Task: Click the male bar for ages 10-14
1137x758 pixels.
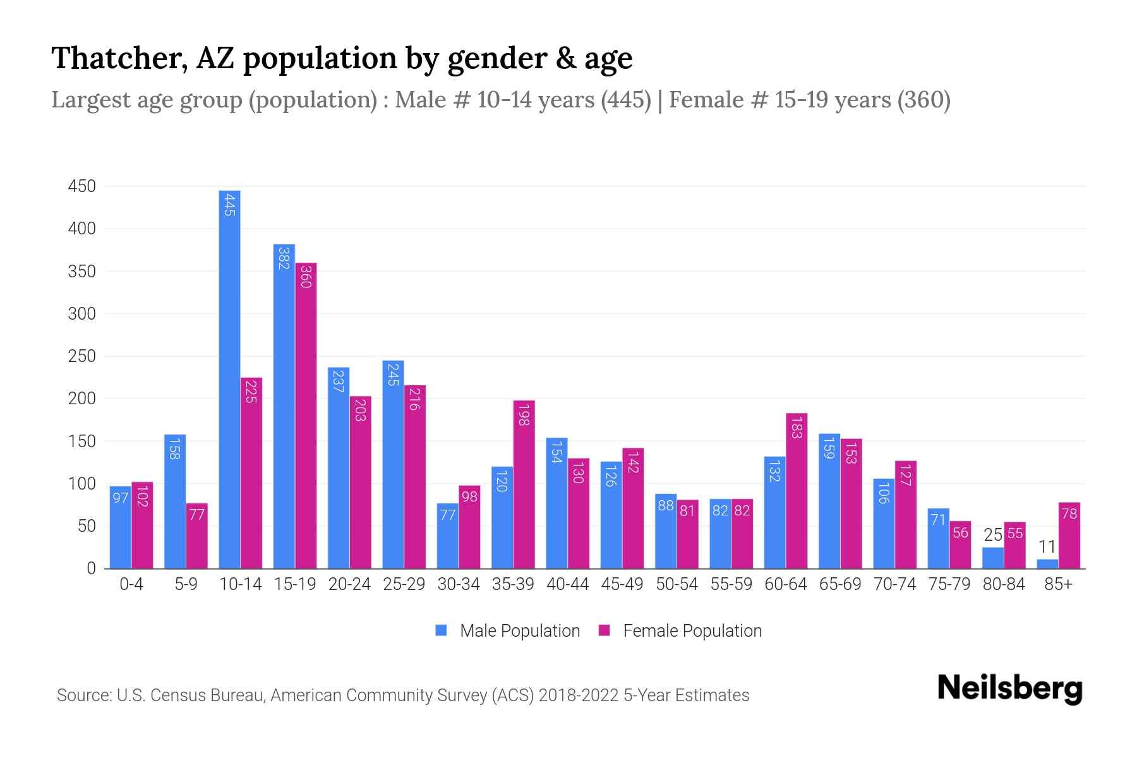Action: click(x=229, y=379)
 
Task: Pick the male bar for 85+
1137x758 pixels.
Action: click(x=1047, y=563)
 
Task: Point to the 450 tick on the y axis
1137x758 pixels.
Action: click(x=82, y=186)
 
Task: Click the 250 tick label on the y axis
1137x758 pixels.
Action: click(x=82, y=356)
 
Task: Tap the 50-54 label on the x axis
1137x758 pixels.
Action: click(x=677, y=584)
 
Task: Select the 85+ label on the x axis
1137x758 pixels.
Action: click(x=1058, y=584)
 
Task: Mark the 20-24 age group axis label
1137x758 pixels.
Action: click(x=349, y=584)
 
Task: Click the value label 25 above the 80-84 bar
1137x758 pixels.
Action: click(x=993, y=535)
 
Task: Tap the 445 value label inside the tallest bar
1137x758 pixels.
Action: click(x=229, y=205)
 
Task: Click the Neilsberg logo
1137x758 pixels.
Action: click(x=1009, y=688)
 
